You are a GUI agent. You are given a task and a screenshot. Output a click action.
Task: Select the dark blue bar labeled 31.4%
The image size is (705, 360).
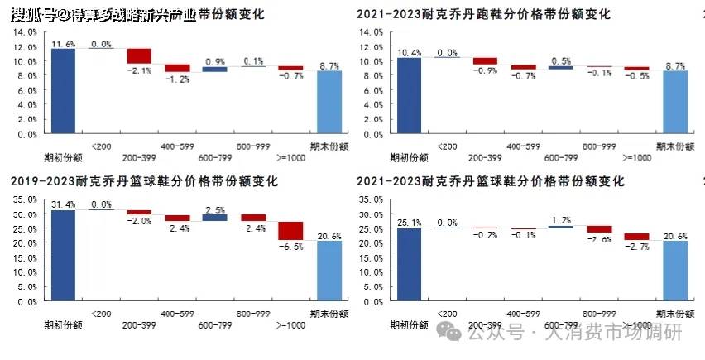point(64,256)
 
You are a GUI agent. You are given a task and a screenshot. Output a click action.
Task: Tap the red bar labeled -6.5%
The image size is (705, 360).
point(290,230)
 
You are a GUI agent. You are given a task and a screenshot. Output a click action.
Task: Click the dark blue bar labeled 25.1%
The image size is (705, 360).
point(409,265)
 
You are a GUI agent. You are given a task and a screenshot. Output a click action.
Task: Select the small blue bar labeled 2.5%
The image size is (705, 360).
point(214,218)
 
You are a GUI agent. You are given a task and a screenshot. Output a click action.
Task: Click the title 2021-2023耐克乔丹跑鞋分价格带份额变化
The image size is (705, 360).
point(484,15)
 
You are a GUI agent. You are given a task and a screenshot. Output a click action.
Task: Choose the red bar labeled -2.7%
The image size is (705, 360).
point(636,237)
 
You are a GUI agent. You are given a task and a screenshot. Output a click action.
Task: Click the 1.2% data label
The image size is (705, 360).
point(560,220)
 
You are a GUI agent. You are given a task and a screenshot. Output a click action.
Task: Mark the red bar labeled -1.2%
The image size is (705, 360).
point(177,68)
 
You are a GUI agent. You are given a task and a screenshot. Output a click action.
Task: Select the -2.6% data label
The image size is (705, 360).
point(599,240)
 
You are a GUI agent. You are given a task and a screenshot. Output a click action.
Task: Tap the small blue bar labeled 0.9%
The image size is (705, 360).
point(214,70)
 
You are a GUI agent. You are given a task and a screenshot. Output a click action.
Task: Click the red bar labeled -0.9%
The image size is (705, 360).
point(485,60)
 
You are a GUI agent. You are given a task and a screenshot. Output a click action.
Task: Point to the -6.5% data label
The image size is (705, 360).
point(290,247)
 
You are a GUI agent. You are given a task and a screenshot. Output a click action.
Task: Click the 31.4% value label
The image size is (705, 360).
point(63,204)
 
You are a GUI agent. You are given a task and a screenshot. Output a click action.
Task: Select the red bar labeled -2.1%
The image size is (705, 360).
point(139,55)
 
